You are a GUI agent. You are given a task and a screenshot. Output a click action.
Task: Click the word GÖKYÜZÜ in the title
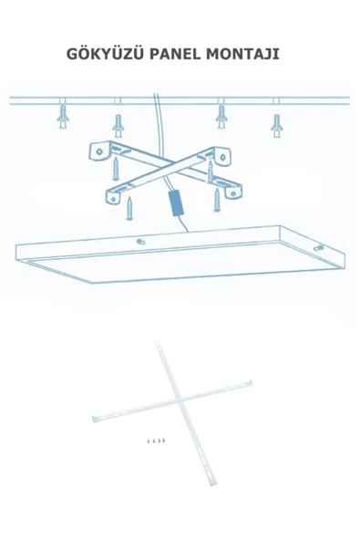coord(105,54)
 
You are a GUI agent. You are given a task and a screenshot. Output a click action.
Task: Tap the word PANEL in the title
coord(175,54)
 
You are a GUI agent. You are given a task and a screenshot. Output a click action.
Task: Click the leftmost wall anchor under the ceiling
coord(63,117)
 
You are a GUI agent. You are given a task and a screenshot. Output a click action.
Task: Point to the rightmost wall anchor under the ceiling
coord(277,126)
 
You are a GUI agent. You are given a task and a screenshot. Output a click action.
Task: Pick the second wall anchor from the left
coord(118,126)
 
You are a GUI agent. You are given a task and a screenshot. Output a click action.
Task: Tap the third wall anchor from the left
coord(221,117)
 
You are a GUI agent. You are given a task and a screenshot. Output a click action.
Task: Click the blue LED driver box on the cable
coord(175,203)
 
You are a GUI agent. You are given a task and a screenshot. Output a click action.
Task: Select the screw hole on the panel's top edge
coord(140,242)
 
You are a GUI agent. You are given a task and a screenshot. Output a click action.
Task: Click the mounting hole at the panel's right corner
coord(319,247)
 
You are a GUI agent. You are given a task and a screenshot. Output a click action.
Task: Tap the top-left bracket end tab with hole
coord(98,151)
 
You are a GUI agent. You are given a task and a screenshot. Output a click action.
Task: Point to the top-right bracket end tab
coord(222,156)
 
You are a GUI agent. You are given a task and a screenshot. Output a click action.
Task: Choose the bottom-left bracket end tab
coord(114,197)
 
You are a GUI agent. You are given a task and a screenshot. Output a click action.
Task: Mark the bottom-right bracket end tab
coord(233,191)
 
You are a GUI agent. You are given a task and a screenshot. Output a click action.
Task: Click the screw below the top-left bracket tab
coord(116,169)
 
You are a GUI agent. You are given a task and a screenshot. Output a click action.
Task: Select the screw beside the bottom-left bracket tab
coord(129,208)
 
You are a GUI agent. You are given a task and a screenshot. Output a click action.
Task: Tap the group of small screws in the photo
coord(155,441)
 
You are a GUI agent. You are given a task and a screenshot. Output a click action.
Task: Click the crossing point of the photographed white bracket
coord(179,400)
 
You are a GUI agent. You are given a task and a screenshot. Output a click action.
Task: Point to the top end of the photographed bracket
coord(157,343)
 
